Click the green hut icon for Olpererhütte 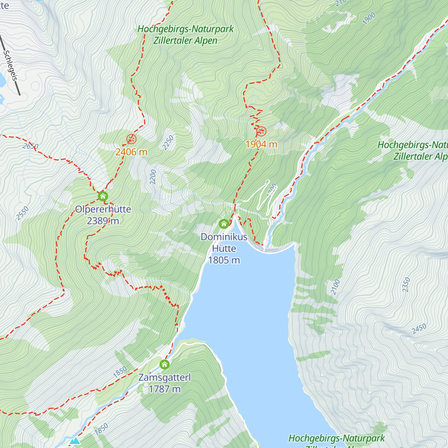pyautogui.click(x=103, y=196)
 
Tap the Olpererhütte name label pyautogui.click(x=103, y=209)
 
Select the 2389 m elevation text pyautogui.click(x=103, y=221)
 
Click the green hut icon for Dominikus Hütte pyautogui.click(x=224, y=224)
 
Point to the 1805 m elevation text pyautogui.click(x=224, y=260)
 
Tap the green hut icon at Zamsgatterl pyautogui.click(x=165, y=364)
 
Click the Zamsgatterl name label pyautogui.click(x=165, y=377)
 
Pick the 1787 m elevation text pyautogui.click(x=165, y=389)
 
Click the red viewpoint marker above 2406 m pyautogui.click(x=131, y=139)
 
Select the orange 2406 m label pyautogui.click(x=131, y=152)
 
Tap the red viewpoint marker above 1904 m pyautogui.click(x=261, y=131)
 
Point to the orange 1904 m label pyautogui.click(x=261, y=144)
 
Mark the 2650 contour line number pyautogui.click(x=30, y=146)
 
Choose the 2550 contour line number pyautogui.click(x=22, y=214)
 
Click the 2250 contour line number pyautogui.click(x=168, y=143)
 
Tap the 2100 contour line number pyautogui.click(x=335, y=287)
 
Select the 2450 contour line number pyautogui.click(x=419, y=329)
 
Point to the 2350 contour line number pyautogui.click(x=406, y=285)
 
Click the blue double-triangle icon pyautogui.click(x=75, y=441)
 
